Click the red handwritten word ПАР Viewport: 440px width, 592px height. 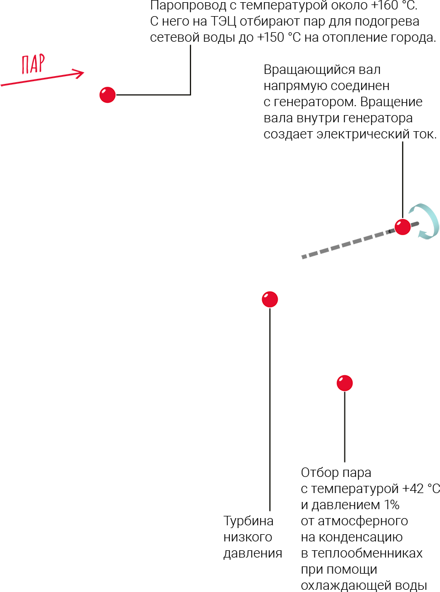pyautogui.click(x=33, y=64)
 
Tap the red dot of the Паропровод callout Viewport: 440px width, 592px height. pyautogui.click(x=107, y=95)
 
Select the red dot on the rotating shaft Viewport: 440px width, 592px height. pyautogui.click(x=402, y=227)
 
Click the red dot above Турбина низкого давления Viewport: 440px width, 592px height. pyautogui.click(x=269, y=299)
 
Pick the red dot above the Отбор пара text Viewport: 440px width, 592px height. pyautogui.click(x=344, y=382)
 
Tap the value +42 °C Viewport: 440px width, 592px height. pyautogui.click(x=420, y=489)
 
